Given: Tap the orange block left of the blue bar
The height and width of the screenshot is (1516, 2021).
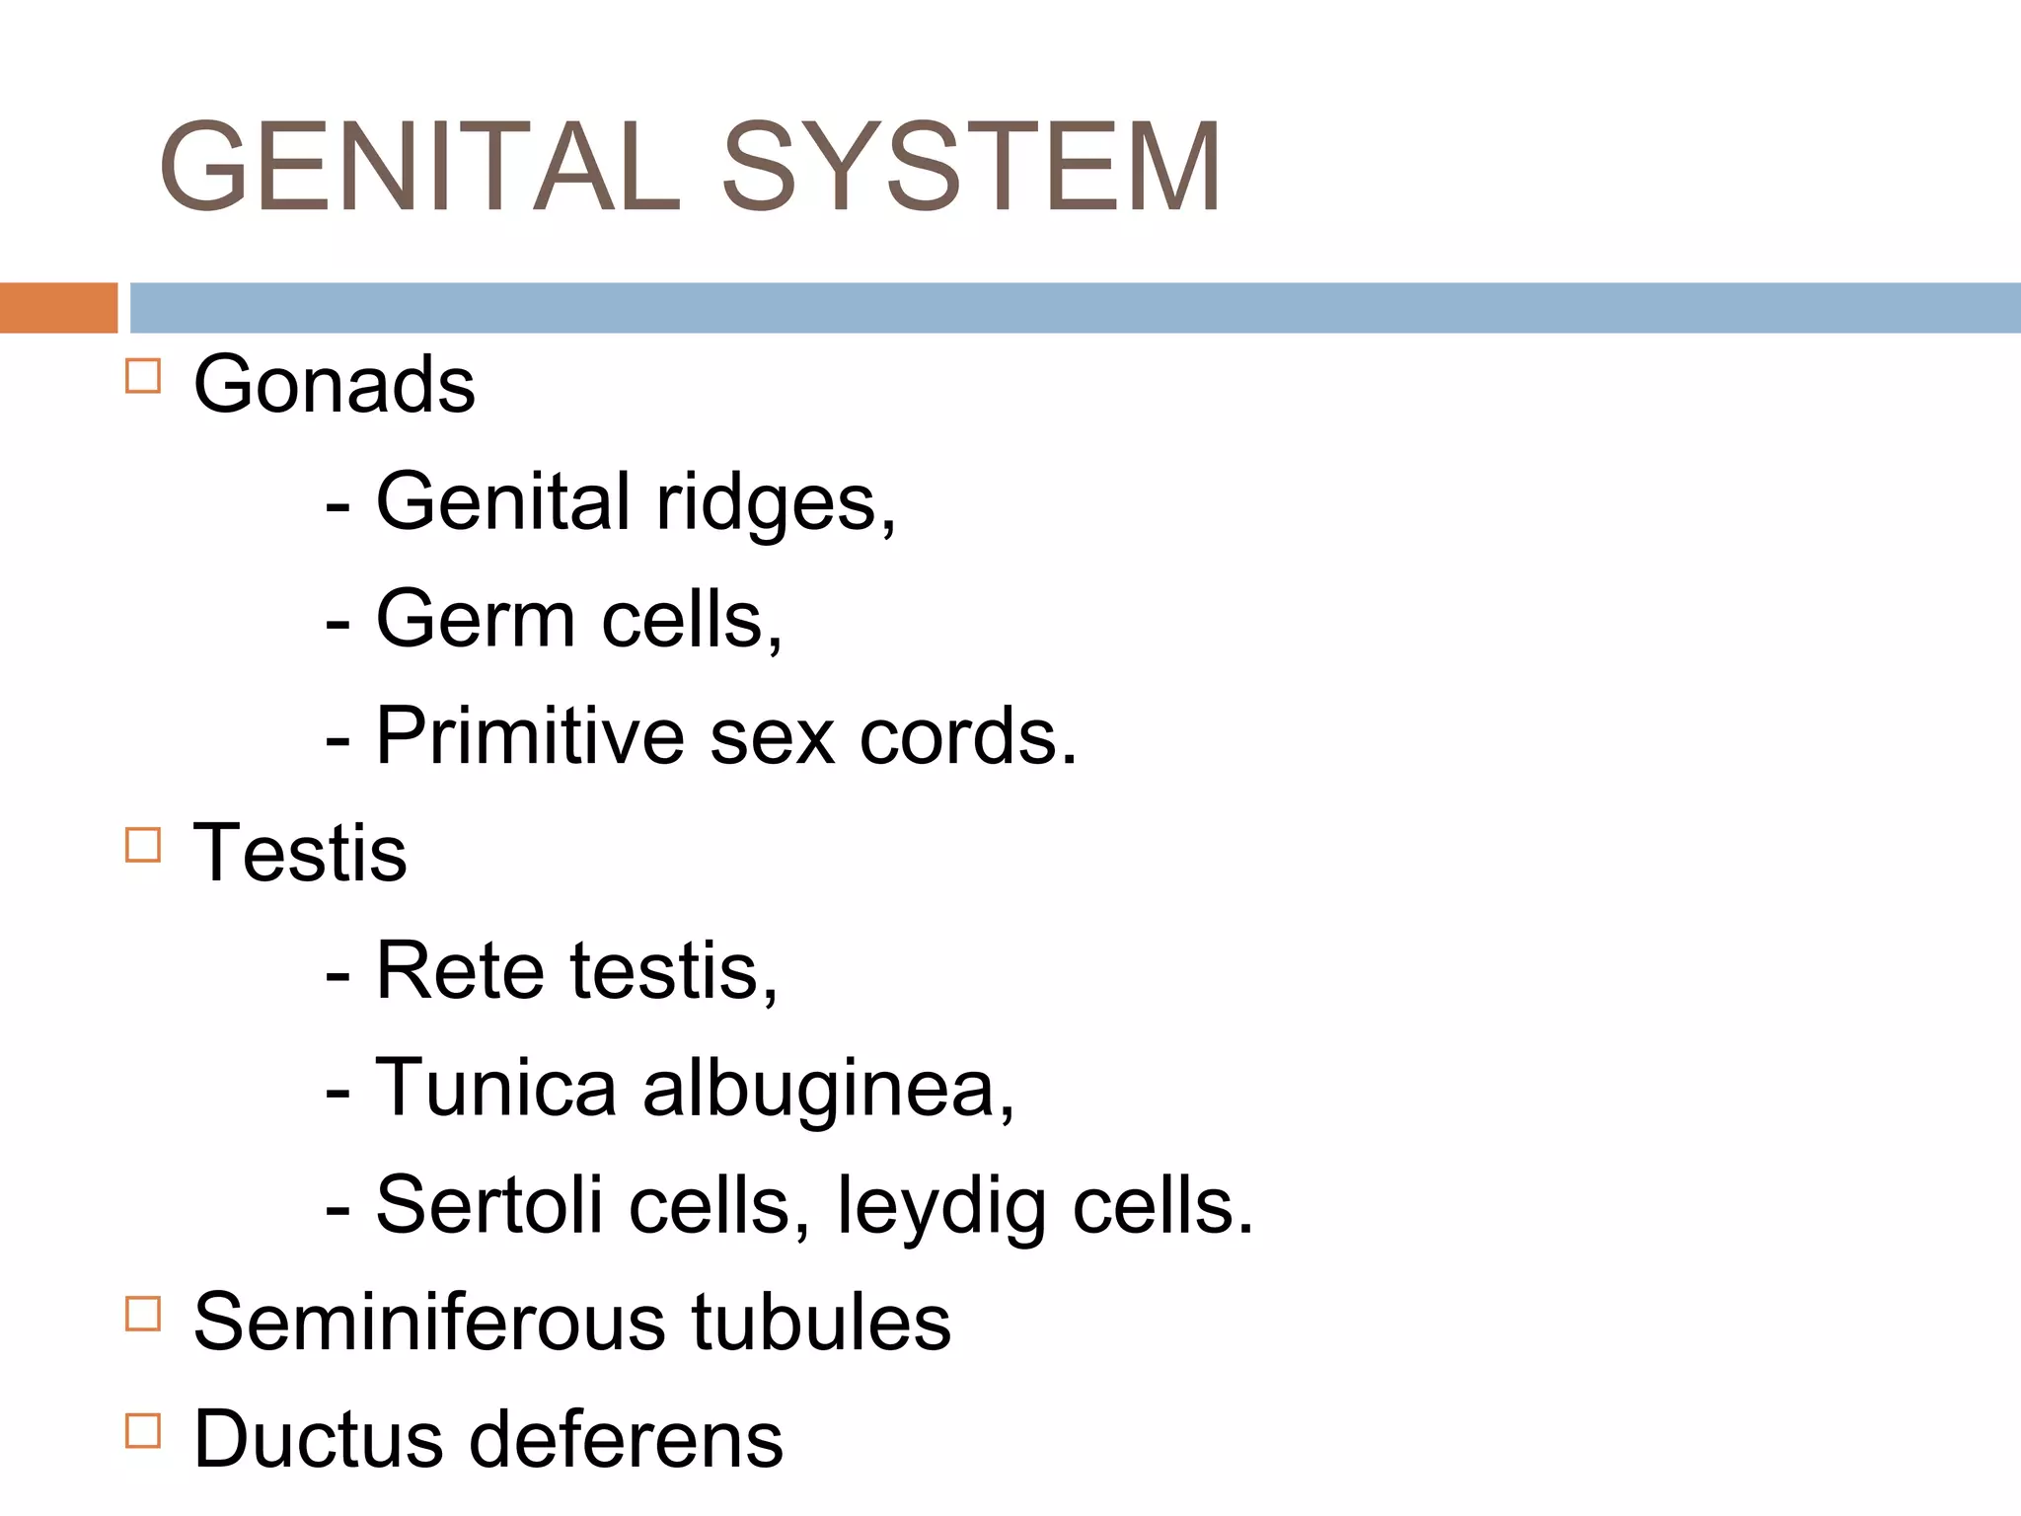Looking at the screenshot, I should (58, 307).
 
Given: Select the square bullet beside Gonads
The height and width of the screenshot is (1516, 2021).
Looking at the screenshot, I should (143, 376).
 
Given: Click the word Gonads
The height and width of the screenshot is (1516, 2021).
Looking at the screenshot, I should (334, 384).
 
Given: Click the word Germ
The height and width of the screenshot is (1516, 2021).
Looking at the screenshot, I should (476, 620).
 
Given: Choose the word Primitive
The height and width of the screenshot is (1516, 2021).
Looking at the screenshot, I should (530, 736).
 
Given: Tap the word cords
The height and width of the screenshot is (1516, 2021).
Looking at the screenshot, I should (968, 737).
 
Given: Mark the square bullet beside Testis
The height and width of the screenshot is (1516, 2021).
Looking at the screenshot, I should (143, 845).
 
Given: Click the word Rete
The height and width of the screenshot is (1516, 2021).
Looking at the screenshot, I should (460, 971).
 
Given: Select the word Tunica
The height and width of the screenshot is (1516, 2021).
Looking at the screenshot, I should (496, 1088).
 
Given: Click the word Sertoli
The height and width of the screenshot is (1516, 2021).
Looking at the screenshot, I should (489, 1205).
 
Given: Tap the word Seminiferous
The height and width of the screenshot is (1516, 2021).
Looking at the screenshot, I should (429, 1322).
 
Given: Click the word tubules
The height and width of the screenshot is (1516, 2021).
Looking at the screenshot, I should (821, 1322).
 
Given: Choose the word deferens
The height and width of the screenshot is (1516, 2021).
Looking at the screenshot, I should (626, 1439).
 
